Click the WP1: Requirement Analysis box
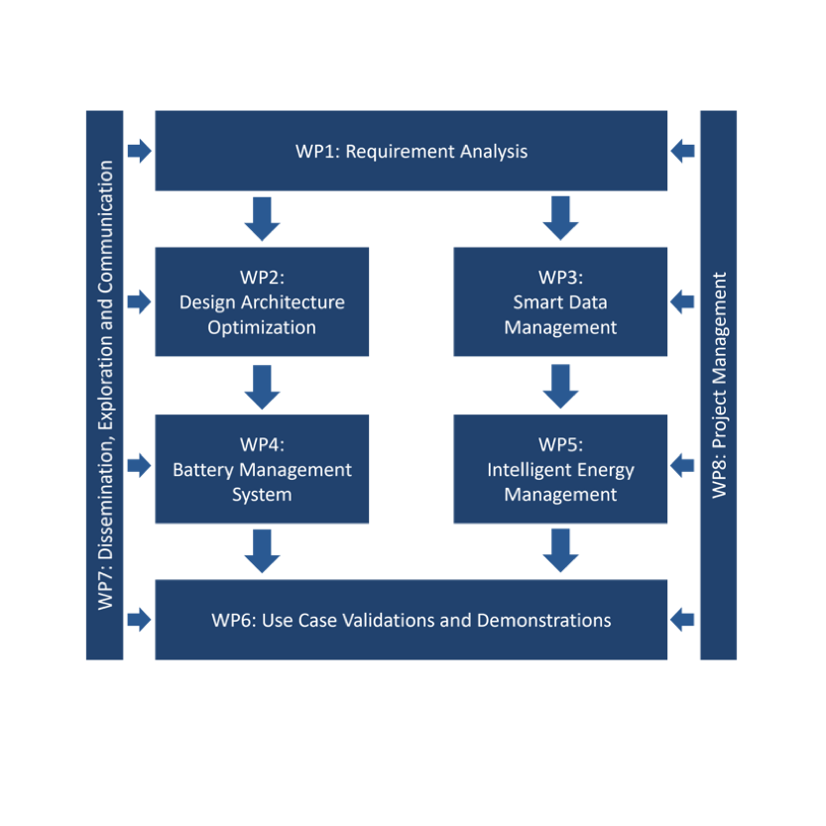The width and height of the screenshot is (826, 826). (411, 151)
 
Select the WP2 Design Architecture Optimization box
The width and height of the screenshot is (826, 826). (262, 301)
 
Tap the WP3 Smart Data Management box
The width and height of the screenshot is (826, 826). (560, 301)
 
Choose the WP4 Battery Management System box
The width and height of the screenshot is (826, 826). (262, 469)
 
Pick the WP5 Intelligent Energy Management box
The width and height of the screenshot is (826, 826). (560, 469)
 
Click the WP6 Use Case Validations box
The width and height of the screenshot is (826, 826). (411, 621)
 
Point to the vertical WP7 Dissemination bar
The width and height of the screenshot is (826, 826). (105, 385)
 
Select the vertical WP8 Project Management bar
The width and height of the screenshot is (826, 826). (719, 385)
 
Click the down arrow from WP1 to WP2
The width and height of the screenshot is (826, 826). (262, 218)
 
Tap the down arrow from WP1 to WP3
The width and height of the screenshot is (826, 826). (560, 218)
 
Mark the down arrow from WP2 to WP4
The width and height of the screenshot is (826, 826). (262, 386)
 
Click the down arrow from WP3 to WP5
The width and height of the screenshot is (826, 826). (560, 386)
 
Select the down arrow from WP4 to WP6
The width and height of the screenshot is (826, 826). (262, 550)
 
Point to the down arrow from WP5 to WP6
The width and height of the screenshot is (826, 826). (560, 550)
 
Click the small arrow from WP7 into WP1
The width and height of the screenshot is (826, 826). (139, 151)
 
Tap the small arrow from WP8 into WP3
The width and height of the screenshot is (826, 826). (683, 301)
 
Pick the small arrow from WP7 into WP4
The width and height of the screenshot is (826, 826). (139, 464)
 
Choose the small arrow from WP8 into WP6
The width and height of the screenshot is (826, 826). (683, 621)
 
